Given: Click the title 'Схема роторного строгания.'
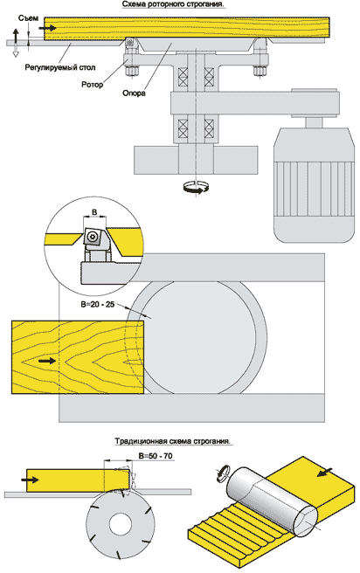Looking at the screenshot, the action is [173, 4].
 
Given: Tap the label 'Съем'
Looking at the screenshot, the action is [28, 17].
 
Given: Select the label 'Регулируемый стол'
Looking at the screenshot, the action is [60, 67].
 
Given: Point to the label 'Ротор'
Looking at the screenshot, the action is [92, 85].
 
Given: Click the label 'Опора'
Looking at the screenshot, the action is [134, 93].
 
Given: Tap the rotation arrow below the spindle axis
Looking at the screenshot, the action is [197, 188].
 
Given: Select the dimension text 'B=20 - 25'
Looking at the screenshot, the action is [98, 304].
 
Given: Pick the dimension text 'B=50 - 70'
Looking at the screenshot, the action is [156, 456].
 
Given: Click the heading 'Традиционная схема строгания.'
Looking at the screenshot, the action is [173, 441].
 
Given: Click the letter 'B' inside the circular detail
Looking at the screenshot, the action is [93, 212].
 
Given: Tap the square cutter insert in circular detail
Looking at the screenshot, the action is [93, 237].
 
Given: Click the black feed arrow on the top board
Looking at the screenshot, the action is [51, 28].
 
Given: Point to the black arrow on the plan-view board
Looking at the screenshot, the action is [47, 361].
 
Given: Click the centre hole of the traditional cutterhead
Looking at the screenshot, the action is [121, 525].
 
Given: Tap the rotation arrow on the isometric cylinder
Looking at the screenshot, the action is [223, 472].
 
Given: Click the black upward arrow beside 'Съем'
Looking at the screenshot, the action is [16, 37].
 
